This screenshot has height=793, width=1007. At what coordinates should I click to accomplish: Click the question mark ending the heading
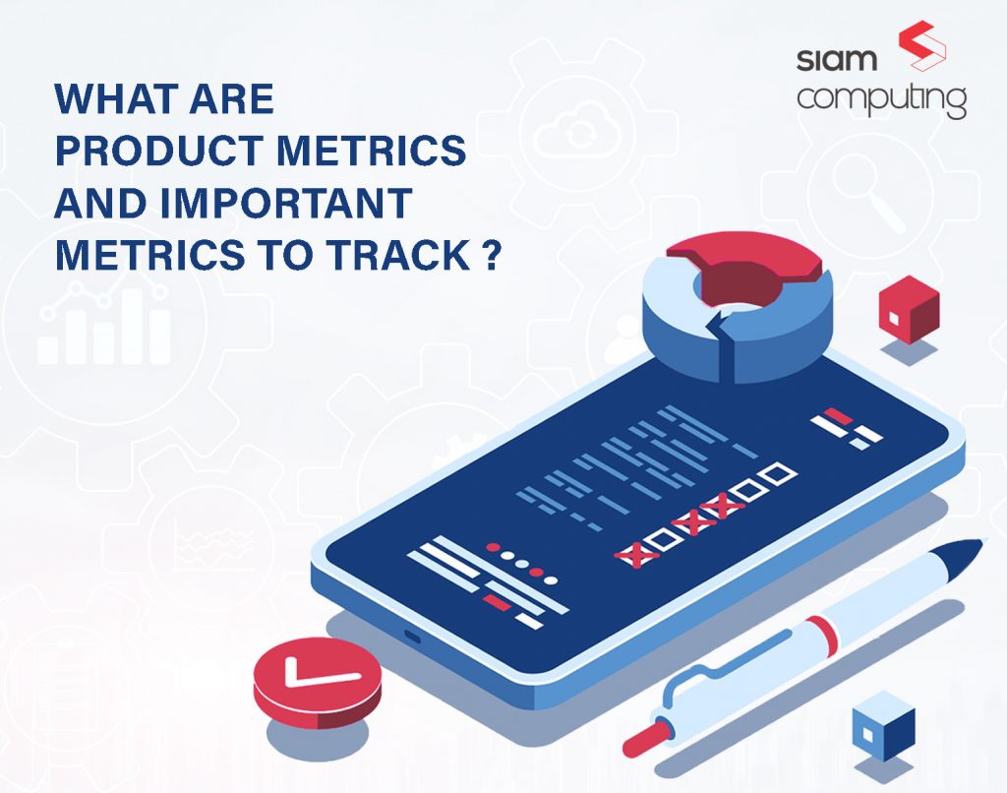click(490, 256)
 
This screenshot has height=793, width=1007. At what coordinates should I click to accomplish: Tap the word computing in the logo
click(881, 100)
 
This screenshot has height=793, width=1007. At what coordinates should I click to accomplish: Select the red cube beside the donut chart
click(908, 310)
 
